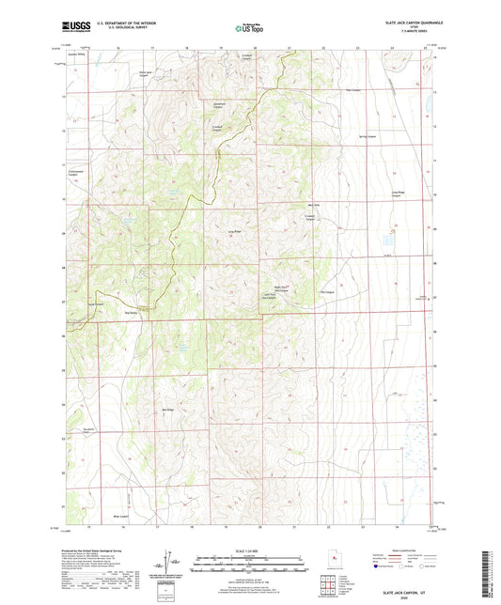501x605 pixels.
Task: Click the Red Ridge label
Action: click(168, 411)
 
